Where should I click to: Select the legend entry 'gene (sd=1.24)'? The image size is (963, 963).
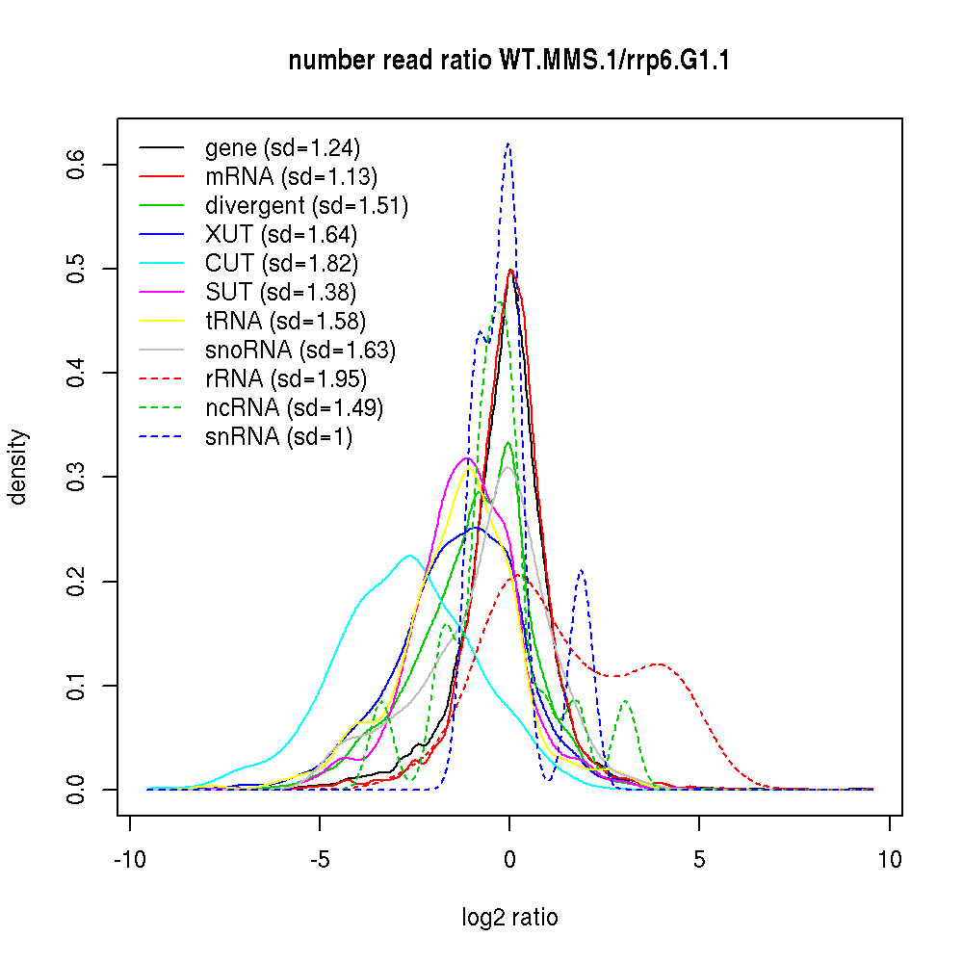pyautogui.click(x=281, y=148)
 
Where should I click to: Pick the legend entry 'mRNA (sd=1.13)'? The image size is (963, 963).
pyautogui.click(x=291, y=176)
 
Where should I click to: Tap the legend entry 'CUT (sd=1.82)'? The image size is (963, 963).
pyautogui.click(x=281, y=263)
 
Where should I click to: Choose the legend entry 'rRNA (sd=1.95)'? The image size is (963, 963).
pyautogui.click(x=286, y=378)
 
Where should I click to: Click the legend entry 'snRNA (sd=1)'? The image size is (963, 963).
pyautogui.click(x=278, y=436)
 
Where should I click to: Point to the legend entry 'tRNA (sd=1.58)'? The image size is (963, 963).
pyautogui.click(x=285, y=321)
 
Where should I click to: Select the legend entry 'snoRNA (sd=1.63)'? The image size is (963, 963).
pyautogui.click(x=300, y=350)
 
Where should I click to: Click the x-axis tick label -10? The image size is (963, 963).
pyautogui.click(x=130, y=859)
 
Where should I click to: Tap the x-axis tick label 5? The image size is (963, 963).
pyautogui.click(x=699, y=859)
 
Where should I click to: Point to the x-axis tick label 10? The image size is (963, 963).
pyautogui.click(x=889, y=859)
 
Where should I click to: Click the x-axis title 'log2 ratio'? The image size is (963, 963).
pyautogui.click(x=509, y=918)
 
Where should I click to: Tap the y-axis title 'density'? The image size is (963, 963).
pyautogui.click(x=19, y=466)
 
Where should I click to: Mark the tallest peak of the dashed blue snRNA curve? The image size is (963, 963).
pyautogui.click(x=508, y=143)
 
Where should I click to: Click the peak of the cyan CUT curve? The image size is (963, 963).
pyautogui.click(x=409, y=555)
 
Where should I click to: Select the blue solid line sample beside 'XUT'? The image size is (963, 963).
pyautogui.click(x=162, y=234)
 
